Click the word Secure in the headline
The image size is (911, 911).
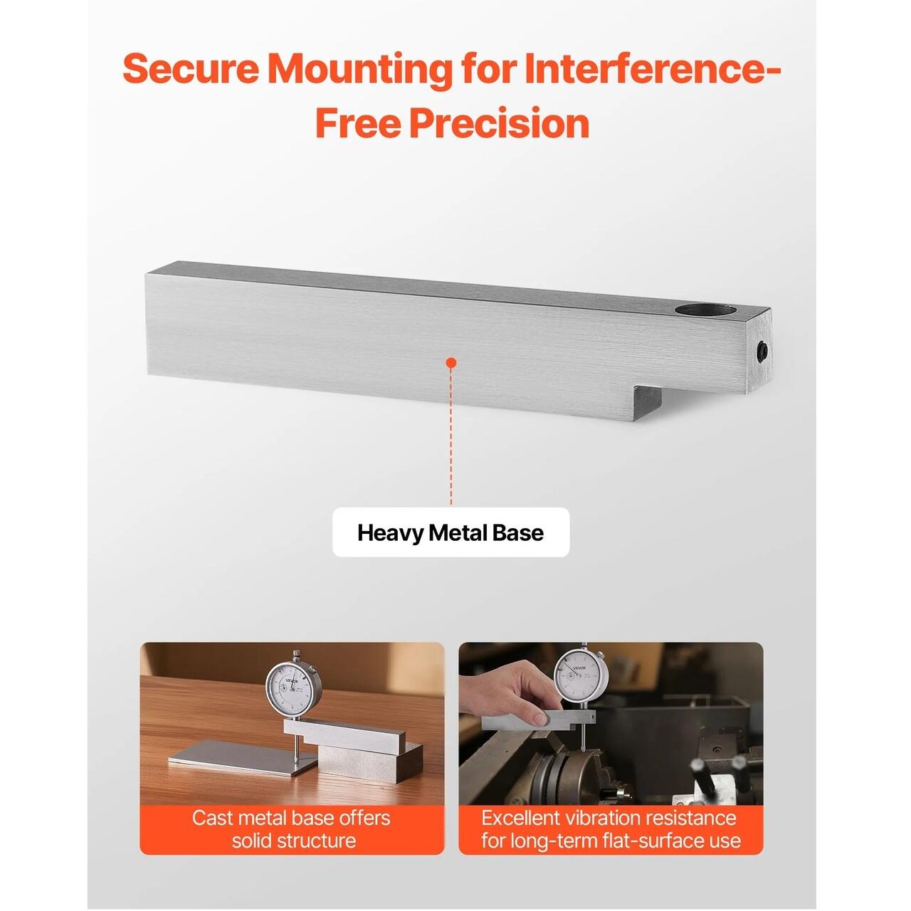click(x=191, y=69)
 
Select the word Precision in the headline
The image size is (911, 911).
click(x=499, y=123)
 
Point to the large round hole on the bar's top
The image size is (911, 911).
click(x=705, y=311)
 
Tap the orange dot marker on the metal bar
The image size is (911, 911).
click(x=451, y=363)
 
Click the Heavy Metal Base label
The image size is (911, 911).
click(x=451, y=533)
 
